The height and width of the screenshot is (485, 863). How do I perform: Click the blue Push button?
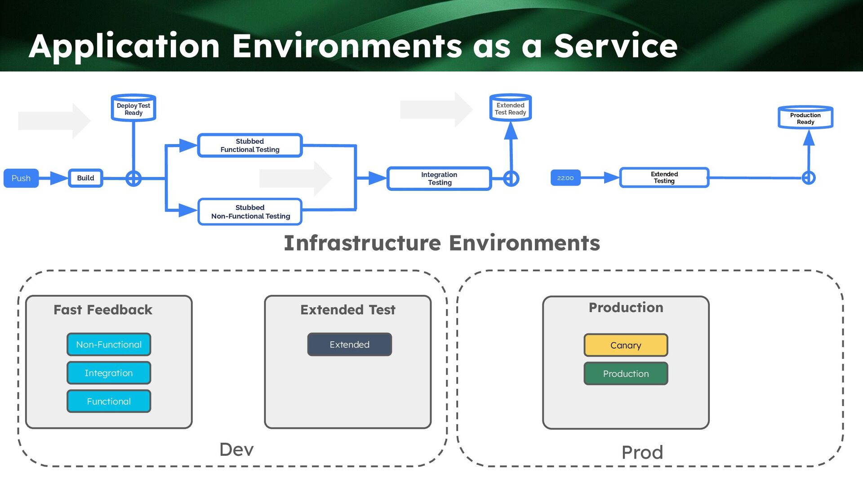click(21, 178)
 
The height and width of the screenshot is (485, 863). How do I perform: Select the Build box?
click(85, 178)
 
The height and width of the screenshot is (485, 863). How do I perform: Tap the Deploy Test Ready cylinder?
click(133, 108)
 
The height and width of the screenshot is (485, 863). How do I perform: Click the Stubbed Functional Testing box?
click(250, 145)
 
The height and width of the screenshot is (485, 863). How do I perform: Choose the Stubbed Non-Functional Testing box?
click(250, 212)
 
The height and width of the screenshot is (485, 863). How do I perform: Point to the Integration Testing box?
click(439, 179)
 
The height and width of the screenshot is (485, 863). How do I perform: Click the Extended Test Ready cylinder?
click(511, 108)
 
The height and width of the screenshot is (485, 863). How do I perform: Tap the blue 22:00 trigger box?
click(565, 178)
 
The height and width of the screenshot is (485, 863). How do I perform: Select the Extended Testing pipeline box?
click(664, 178)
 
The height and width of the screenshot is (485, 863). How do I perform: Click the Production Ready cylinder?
click(805, 118)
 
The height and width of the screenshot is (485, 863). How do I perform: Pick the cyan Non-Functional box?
click(109, 345)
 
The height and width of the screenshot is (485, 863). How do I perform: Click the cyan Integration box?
click(109, 373)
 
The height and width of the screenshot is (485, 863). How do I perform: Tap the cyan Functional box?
click(109, 401)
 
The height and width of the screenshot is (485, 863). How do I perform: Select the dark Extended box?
click(349, 345)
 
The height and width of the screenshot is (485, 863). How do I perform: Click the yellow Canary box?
click(626, 345)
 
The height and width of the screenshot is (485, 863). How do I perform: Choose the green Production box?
click(626, 374)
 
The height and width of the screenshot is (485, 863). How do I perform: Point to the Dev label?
click(236, 450)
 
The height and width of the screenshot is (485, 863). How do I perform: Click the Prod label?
click(642, 453)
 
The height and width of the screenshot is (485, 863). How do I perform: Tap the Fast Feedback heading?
click(103, 310)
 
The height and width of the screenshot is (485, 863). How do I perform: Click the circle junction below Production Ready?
click(809, 178)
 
